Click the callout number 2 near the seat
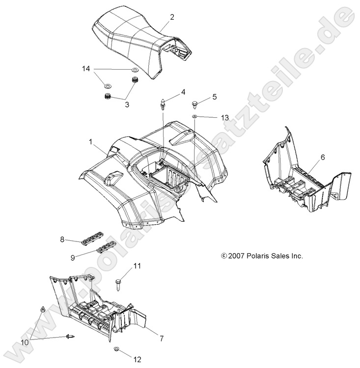(x=172, y=17)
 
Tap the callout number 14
(x=86, y=69)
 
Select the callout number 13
(x=225, y=118)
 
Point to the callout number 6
(x=323, y=157)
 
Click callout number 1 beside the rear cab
(x=91, y=142)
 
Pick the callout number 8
(x=62, y=239)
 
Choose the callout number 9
(x=73, y=258)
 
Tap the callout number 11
(x=137, y=266)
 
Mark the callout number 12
(x=137, y=359)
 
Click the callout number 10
(x=25, y=342)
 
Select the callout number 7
(x=162, y=339)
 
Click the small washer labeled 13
(x=195, y=116)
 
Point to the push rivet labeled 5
(x=195, y=105)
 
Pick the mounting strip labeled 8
(x=93, y=238)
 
